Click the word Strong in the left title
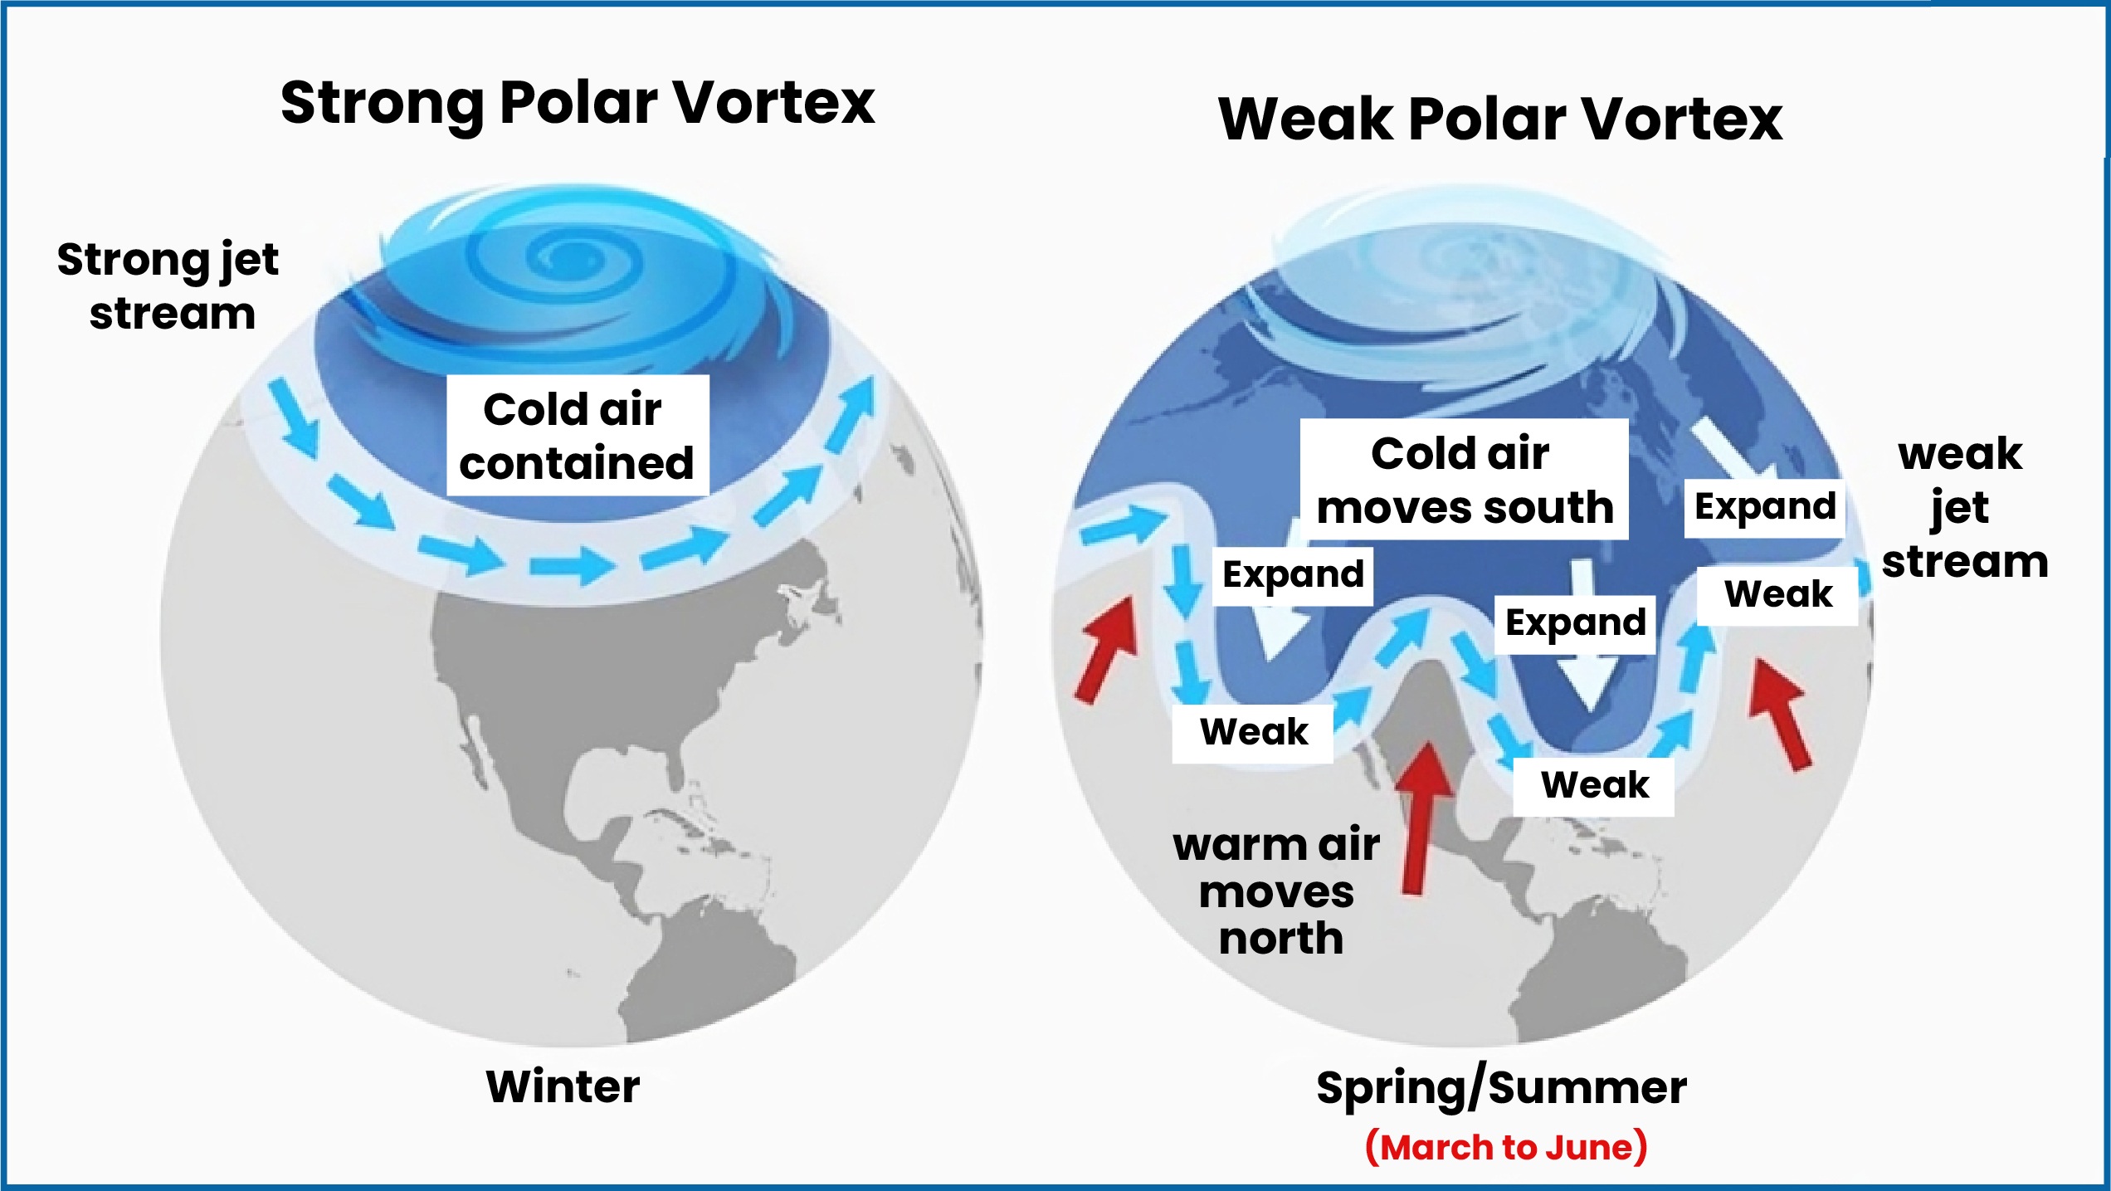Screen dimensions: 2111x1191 pos(383,105)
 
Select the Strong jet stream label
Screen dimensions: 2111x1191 pos(168,286)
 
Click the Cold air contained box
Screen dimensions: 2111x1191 pos(578,436)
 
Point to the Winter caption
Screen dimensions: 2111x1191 pos(563,1086)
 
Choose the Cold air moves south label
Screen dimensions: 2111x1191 pos(1465,480)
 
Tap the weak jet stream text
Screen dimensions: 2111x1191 pos(1964,507)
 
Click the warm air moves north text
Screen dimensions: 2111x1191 pos(1278,892)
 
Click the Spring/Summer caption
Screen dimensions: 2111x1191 pos(1501,1088)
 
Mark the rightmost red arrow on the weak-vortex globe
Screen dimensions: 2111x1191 pos(1781,714)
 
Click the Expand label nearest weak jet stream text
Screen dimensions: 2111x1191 pos(1765,507)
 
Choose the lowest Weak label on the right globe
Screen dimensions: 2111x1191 pos(1594,785)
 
